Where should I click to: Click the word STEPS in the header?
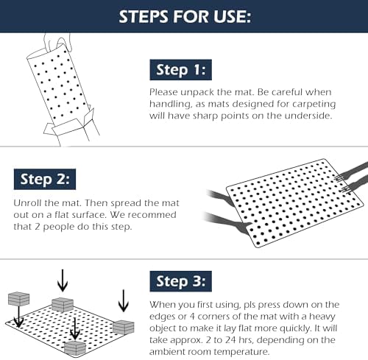point(144,17)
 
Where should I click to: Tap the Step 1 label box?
point(181,70)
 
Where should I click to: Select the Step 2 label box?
point(45,179)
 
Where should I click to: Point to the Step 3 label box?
point(181,281)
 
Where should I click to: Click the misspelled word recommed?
point(152,215)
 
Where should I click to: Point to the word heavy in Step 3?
point(322,317)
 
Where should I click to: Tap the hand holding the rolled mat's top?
point(57,42)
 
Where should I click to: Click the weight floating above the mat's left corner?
point(18,299)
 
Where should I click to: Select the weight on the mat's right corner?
point(124,328)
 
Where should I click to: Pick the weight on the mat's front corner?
point(75,348)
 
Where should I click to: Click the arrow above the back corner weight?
point(63,280)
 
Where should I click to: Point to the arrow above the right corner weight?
point(123,301)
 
